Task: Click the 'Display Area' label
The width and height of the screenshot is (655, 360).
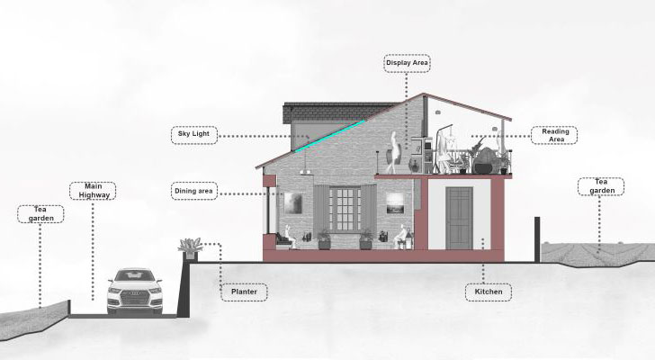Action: pyautogui.click(x=408, y=63)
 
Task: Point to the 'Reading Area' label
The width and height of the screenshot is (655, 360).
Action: pyautogui.click(x=553, y=135)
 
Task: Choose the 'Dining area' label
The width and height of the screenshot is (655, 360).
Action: pyautogui.click(x=194, y=191)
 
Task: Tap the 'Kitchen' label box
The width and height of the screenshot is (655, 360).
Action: pyautogui.click(x=489, y=292)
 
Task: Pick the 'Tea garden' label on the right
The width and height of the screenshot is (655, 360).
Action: pyautogui.click(x=600, y=186)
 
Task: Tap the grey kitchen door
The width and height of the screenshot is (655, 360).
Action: pyautogui.click(x=459, y=218)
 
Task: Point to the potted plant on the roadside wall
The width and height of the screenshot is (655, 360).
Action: pyautogui.click(x=190, y=247)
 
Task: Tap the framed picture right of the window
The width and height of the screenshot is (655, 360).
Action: pyautogui.click(x=394, y=205)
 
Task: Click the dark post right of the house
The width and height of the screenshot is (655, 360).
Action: pyautogui.click(x=536, y=239)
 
